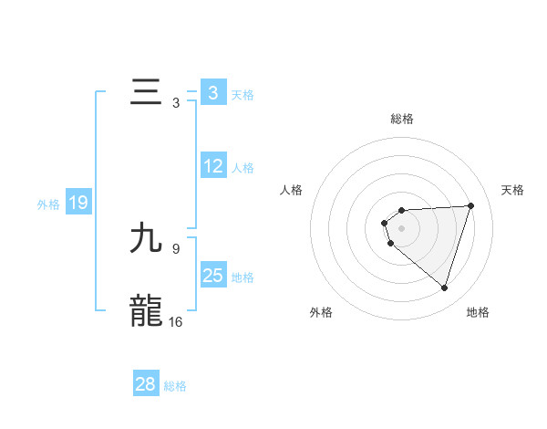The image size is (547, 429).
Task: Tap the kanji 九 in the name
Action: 146,239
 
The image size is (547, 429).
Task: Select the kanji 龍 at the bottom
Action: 146,311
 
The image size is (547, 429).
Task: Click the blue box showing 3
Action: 212,93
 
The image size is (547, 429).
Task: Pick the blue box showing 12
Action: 212,167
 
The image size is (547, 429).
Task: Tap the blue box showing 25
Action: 212,276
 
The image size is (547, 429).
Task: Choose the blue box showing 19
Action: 78,203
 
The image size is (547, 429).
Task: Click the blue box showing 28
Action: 146,384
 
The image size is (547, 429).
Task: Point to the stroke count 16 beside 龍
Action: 176,321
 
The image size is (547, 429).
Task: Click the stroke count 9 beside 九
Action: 176,247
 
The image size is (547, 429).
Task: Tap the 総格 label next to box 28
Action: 175,386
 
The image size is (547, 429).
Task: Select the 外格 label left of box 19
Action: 48,204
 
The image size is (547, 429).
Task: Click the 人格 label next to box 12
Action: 243,168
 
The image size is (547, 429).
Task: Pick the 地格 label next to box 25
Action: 243,277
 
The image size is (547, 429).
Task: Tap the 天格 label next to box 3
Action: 243,95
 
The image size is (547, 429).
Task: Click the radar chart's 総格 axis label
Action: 401,119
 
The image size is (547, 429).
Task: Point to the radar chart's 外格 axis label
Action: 321,313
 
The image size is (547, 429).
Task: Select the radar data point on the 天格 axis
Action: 470,205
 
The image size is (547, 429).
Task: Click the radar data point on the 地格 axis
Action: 444,288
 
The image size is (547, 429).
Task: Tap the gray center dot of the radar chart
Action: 401,227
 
